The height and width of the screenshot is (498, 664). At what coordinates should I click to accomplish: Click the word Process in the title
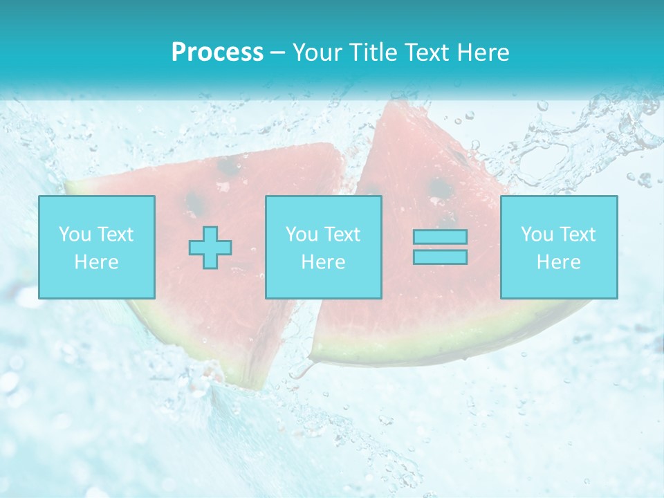coord(217,52)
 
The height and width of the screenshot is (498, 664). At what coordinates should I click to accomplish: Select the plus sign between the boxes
coord(210,248)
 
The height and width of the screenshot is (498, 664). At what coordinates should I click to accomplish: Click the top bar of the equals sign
coord(440,237)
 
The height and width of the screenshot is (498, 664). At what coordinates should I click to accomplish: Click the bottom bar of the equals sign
coord(440,257)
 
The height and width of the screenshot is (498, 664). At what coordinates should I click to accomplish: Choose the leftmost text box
coord(97,247)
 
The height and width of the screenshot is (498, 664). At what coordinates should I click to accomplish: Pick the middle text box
coord(323,247)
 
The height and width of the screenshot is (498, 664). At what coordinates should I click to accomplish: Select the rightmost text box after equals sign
coord(559,247)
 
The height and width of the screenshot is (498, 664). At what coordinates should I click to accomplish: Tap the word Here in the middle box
coord(323,262)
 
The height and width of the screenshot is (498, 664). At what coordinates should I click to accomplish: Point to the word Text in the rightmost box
coord(576,234)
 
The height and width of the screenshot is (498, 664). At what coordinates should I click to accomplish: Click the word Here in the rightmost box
coord(559,262)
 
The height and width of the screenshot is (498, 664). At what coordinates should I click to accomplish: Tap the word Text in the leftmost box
coord(115,234)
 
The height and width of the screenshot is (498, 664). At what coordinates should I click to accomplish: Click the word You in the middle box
coord(301,234)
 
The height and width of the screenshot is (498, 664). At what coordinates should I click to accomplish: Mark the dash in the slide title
coord(278,53)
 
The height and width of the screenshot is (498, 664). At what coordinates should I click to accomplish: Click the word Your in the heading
coord(317,52)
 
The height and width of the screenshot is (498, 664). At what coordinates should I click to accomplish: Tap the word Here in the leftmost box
coord(97,262)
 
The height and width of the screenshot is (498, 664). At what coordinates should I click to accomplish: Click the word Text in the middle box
coord(342,234)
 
